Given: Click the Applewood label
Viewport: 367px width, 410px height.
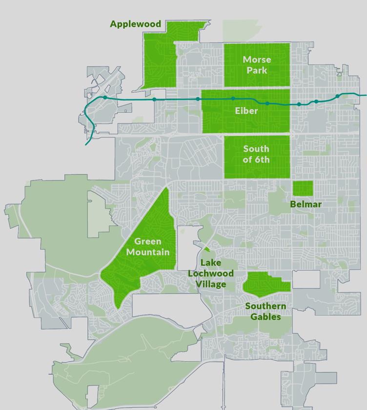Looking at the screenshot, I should [x=135, y=24].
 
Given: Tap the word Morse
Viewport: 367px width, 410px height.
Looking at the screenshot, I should [x=257, y=60].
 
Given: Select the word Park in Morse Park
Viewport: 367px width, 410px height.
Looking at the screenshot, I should [x=257, y=70].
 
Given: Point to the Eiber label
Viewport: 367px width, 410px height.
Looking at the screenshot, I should [x=246, y=111].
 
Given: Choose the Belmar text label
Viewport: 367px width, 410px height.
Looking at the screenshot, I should [x=306, y=205].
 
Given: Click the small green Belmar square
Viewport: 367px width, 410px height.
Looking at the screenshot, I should [x=303, y=189].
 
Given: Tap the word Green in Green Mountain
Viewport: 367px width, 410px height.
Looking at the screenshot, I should [x=147, y=242].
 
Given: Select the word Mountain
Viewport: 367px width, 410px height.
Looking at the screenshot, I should [x=148, y=252].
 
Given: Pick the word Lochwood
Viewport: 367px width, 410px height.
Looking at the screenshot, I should [x=211, y=273].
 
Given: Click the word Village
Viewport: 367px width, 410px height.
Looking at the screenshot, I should [x=211, y=284].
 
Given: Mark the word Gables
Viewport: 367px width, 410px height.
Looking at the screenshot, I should [x=265, y=317].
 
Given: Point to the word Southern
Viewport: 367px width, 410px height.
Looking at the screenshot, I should [x=265, y=306].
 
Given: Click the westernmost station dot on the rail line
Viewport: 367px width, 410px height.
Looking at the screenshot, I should [x=105, y=98].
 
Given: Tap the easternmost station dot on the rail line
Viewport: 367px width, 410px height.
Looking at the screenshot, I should [x=337, y=96].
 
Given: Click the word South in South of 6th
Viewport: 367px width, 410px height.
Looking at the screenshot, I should [x=256, y=149].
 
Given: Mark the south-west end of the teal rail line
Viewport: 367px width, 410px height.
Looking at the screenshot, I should [x=86, y=144].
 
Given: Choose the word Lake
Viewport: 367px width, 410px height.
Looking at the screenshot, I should [x=210, y=263].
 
